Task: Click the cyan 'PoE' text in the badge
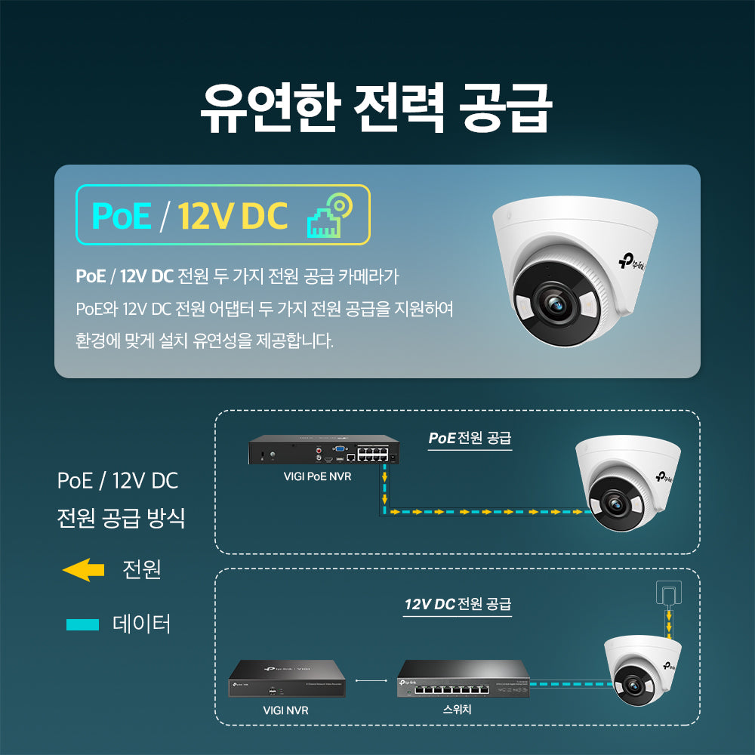click(x=121, y=215)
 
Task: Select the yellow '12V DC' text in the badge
click(x=233, y=215)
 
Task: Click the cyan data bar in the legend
click(x=83, y=624)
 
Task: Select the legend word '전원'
click(x=142, y=569)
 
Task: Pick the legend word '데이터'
click(x=142, y=624)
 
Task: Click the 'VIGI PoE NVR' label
click(x=317, y=476)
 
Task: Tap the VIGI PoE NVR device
click(x=324, y=451)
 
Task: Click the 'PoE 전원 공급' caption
click(x=470, y=438)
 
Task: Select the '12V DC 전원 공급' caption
click(x=458, y=605)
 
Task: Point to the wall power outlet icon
click(x=667, y=592)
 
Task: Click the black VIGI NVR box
click(x=287, y=677)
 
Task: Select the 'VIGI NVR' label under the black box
click(x=285, y=710)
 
